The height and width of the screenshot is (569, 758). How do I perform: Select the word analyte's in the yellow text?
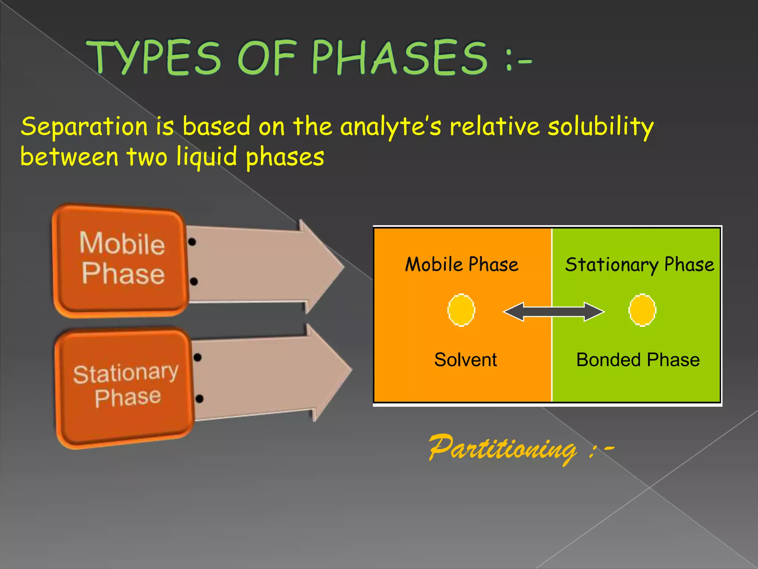point(391,127)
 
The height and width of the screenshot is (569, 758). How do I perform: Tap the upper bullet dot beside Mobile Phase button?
point(192,242)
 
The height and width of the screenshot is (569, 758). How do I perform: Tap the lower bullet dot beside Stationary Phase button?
point(199,399)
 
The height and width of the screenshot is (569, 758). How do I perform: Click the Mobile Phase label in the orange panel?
point(462,264)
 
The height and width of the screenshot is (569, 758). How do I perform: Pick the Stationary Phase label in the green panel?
point(640,264)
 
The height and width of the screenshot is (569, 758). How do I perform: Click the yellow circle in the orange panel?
point(461,310)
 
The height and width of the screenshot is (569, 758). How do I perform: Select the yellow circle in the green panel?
point(642,310)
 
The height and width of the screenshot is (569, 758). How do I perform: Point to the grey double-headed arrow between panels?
point(553,312)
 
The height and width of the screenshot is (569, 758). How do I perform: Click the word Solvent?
point(465,360)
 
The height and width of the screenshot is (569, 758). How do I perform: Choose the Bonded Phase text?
point(638,360)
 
